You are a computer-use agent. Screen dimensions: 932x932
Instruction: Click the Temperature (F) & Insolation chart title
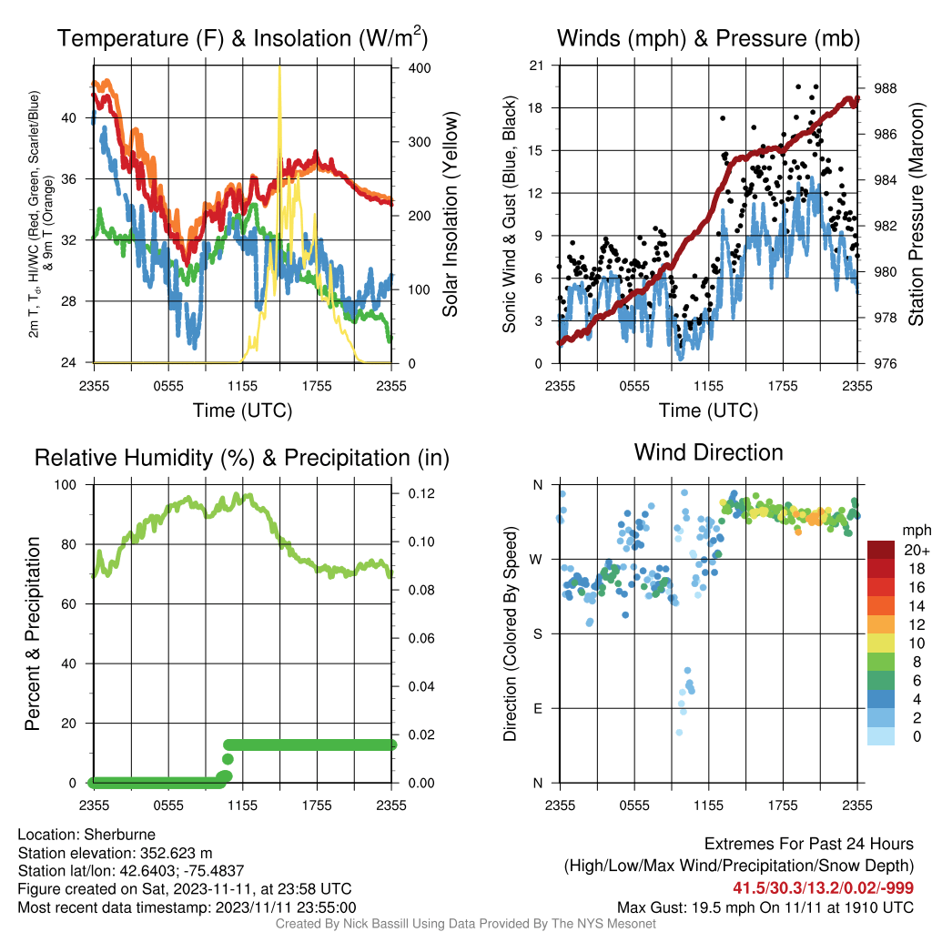(242, 37)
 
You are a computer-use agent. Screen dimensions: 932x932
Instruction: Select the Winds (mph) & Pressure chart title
(708, 38)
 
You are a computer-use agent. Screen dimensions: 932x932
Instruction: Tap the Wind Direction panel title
(708, 452)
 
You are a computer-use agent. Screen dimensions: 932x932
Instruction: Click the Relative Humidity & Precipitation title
(242, 458)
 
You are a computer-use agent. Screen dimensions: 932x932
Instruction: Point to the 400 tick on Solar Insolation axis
(420, 67)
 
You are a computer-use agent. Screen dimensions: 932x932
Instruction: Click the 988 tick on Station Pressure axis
(885, 88)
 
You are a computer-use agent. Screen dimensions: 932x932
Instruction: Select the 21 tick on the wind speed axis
(536, 66)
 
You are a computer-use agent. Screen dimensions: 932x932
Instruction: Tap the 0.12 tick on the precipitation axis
(421, 493)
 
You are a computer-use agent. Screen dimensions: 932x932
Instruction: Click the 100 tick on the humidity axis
(66, 485)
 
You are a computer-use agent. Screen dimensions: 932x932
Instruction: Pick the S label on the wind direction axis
(538, 634)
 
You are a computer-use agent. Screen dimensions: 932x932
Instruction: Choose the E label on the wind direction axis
(538, 708)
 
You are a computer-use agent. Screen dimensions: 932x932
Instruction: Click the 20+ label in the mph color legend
(916, 551)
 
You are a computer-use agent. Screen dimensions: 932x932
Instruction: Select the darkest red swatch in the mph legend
(881, 550)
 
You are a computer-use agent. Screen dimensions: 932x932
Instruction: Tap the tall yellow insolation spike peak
(279, 67)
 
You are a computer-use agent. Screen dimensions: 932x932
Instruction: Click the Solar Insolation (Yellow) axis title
(451, 214)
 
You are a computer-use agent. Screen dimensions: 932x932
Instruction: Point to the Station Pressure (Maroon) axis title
(916, 214)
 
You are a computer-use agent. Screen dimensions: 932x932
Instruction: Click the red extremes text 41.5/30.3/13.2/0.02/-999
(823, 888)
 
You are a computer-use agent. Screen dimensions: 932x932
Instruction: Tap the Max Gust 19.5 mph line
(765, 907)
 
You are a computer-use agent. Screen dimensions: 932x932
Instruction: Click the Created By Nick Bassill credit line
(466, 924)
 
